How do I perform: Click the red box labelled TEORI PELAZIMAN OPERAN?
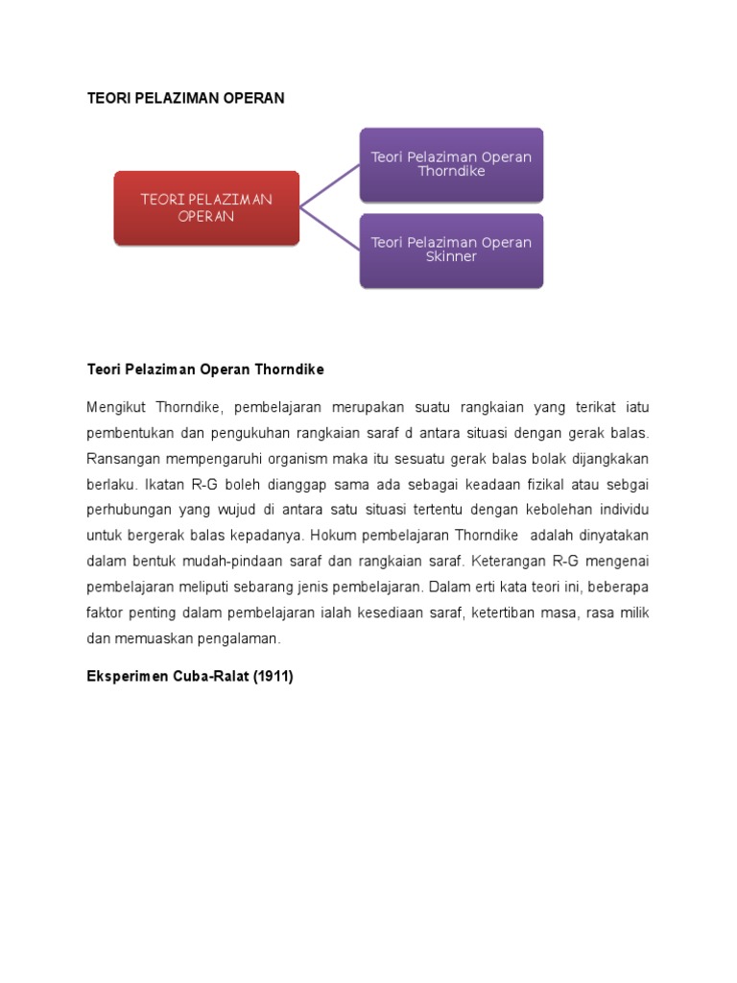[206, 207]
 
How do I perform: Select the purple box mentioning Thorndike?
[451, 164]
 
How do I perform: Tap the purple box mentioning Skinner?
[451, 250]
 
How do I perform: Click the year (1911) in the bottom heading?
[272, 676]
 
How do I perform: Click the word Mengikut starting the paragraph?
[116, 408]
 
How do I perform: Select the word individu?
[624, 510]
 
